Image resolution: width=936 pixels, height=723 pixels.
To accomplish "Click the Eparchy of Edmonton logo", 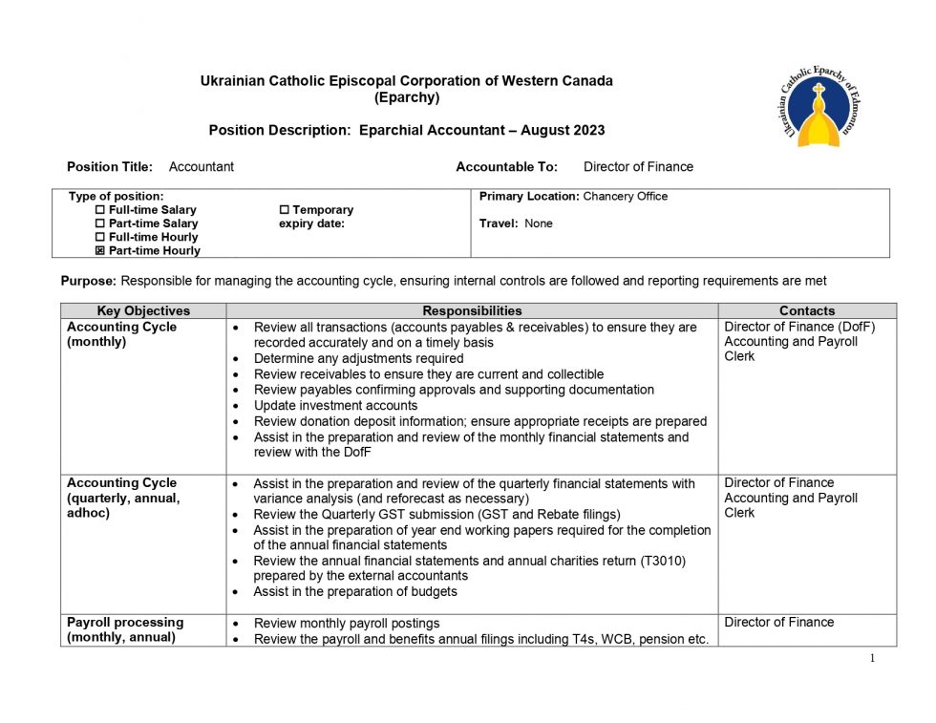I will (x=818, y=108).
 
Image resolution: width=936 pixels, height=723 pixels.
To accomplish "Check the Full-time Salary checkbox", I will (x=100, y=210).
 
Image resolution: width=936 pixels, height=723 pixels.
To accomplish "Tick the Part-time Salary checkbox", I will (x=100, y=223).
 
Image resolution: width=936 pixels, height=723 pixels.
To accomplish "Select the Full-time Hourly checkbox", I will (x=100, y=237).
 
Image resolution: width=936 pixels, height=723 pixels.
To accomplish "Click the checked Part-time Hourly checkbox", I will (x=100, y=251).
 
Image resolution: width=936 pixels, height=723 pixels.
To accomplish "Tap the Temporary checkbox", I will (x=284, y=210).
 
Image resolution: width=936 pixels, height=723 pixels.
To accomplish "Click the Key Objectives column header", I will (x=143, y=310).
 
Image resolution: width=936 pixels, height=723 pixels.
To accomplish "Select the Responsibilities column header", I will (x=472, y=310).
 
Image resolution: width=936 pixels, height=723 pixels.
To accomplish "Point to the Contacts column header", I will (x=806, y=310).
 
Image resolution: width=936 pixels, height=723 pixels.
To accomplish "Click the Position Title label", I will (x=110, y=167).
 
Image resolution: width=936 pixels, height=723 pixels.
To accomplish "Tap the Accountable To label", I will (x=506, y=167).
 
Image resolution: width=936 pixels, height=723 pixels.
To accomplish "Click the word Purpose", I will (x=89, y=281).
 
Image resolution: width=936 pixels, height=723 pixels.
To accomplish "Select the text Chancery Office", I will (x=625, y=197).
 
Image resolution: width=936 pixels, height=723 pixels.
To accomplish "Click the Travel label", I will (x=499, y=223).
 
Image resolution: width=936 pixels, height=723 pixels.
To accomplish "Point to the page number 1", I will (x=872, y=658).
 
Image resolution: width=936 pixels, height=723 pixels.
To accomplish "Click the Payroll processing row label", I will (x=124, y=623).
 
